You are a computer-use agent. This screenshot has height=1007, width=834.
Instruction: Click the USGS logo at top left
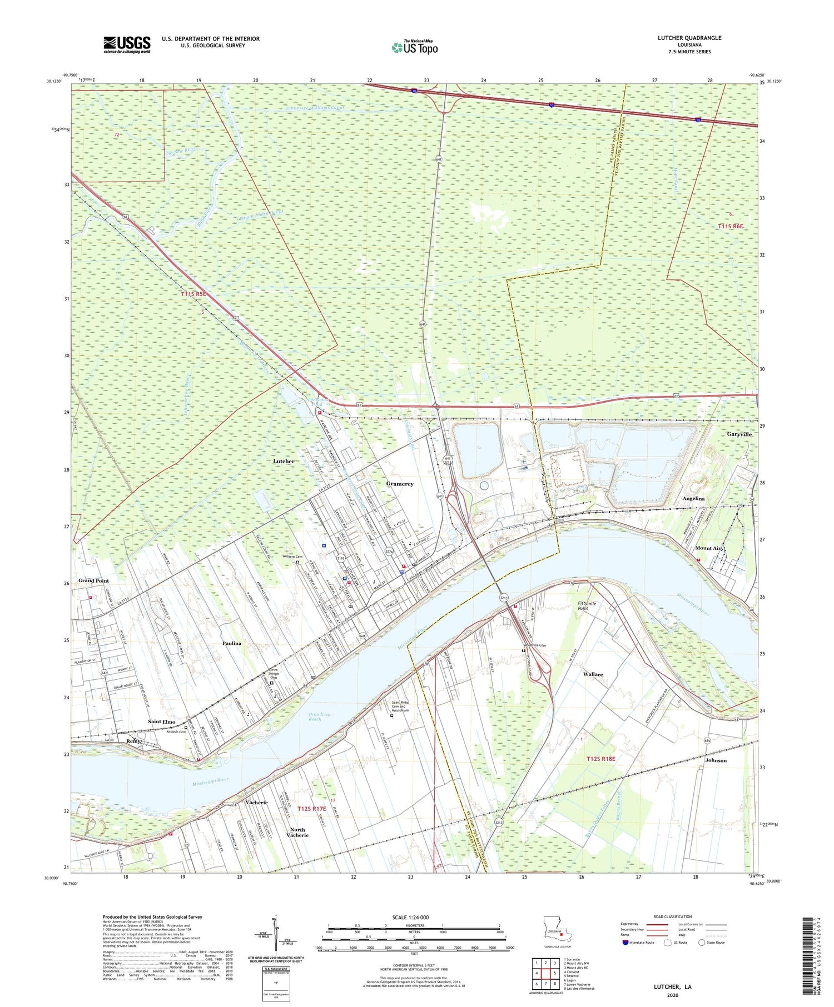(x=127, y=44)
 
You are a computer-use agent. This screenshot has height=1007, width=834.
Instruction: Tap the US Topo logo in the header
(x=415, y=47)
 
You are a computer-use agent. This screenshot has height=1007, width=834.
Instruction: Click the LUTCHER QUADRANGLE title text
(x=689, y=38)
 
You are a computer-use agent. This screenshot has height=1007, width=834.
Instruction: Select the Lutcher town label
(x=284, y=461)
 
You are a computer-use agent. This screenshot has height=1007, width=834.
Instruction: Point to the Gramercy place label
(x=400, y=484)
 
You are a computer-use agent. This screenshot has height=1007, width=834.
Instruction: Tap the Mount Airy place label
(x=710, y=548)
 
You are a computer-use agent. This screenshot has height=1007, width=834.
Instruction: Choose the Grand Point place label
(x=93, y=580)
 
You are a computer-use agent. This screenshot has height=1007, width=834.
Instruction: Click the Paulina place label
(x=232, y=643)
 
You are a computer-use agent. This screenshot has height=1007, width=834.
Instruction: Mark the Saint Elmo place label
(x=162, y=722)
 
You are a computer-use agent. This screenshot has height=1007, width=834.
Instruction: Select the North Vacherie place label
(x=297, y=832)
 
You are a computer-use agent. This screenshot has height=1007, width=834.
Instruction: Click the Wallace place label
(x=593, y=674)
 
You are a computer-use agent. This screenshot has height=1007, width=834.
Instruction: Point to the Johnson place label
(x=716, y=760)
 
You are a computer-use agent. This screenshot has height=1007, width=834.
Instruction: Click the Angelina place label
(x=693, y=499)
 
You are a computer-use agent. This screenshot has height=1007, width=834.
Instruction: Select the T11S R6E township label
(x=730, y=226)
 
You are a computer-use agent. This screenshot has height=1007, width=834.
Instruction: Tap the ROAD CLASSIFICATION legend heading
(x=673, y=916)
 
